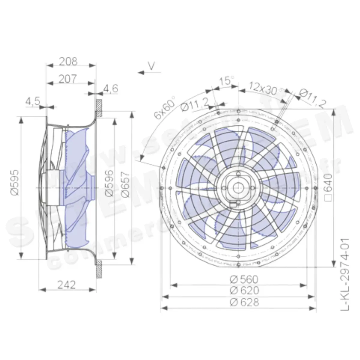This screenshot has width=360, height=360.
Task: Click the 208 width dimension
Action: pos(68,61)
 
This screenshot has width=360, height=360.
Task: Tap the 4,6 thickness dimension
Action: pos(111,88)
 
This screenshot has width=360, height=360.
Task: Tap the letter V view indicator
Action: pos(152,66)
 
